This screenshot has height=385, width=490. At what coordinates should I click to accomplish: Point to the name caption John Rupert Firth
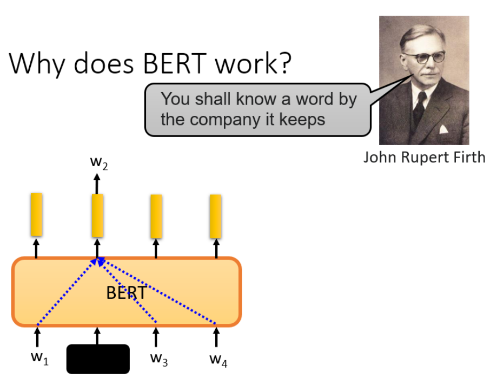[x=424, y=157]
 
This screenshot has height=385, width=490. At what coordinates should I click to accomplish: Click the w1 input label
[x=38, y=360]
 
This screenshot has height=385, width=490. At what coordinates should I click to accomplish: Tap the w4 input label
[x=217, y=360]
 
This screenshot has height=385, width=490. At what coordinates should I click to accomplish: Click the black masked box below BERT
[x=98, y=358]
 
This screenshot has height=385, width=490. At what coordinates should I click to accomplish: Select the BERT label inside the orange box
[x=125, y=293]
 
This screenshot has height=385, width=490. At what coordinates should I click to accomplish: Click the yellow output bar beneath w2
[x=97, y=216]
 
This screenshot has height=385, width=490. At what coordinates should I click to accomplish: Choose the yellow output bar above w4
[x=215, y=216]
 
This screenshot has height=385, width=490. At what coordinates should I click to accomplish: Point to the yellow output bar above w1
[x=36, y=214]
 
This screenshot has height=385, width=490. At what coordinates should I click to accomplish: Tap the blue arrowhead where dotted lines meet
[x=99, y=262]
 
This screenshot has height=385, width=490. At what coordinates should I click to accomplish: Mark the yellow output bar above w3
[x=156, y=216]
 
